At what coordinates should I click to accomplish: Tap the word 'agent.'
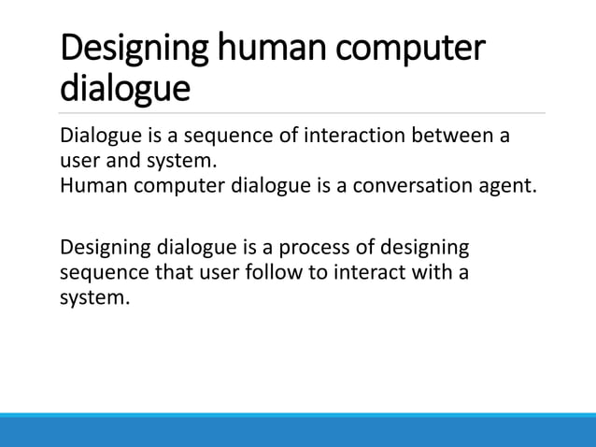510,184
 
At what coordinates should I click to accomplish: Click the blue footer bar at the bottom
298,430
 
